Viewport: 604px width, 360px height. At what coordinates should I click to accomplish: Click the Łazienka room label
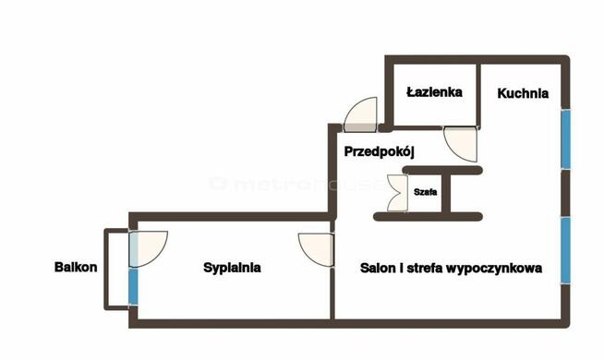point(434,92)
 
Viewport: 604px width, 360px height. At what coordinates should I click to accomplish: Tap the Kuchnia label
point(523,93)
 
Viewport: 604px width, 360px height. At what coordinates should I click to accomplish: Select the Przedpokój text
point(382,151)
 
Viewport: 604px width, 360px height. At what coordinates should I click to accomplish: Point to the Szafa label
point(426,192)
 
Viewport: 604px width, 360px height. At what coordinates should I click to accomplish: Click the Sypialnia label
point(232,269)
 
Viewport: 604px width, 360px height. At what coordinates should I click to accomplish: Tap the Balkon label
point(75,269)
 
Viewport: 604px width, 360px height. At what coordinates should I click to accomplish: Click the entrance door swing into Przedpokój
point(362,114)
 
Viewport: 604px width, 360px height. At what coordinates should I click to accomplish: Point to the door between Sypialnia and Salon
point(316,249)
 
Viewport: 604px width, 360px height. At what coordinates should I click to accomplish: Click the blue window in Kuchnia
point(565,140)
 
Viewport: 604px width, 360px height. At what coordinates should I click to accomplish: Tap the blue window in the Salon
point(565,249)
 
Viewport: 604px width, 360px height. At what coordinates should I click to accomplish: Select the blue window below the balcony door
point(133,286)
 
